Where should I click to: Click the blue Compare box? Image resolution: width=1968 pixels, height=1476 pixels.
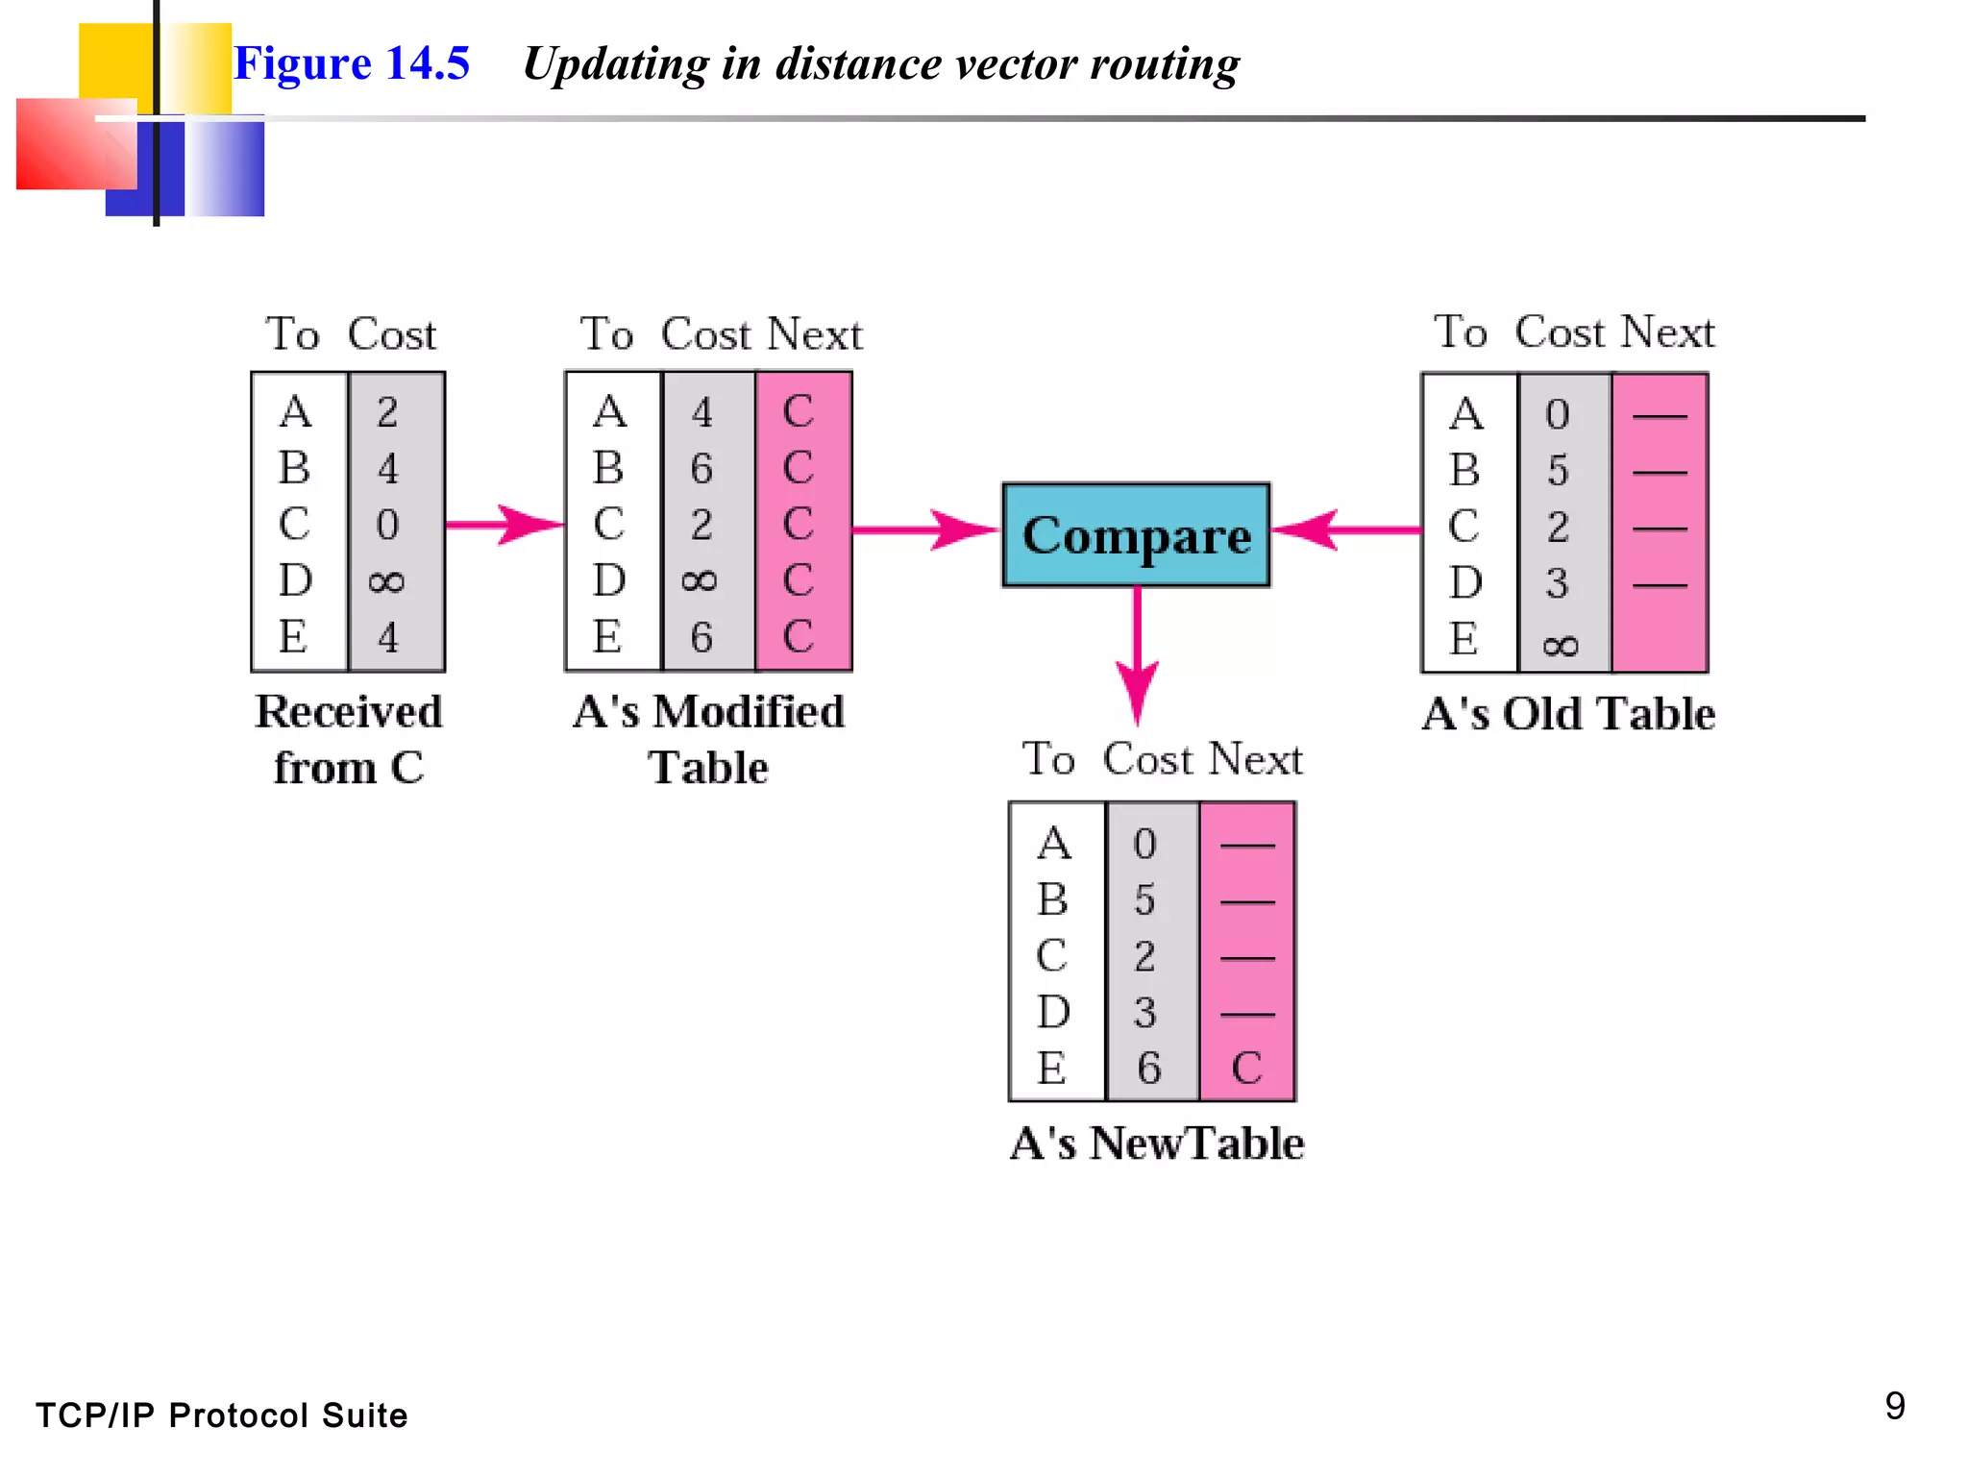click(x=1136, y=535)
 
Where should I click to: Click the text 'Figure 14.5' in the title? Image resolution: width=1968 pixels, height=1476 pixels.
click(x=352, y=63)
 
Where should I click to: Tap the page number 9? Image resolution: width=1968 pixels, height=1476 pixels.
click(x=1894, y=1406)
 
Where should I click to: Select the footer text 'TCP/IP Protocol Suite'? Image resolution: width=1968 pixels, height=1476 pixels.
click(x=222, y=1415)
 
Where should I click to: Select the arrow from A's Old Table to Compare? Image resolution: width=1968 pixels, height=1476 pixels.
click(x=1345, y=529)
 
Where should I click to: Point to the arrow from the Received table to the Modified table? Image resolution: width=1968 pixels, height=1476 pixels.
click(x=504, y=525)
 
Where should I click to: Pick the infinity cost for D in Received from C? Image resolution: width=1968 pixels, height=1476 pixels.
click(x=386, y=581)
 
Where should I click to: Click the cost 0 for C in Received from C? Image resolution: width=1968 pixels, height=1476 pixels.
click(x=387, y=525)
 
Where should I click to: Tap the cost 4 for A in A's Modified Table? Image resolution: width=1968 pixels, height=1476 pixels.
click(x=701, y=413)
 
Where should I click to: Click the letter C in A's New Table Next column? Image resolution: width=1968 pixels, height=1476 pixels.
click(x=1246, y=1068)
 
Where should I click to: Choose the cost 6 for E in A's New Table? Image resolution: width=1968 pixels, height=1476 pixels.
click(x=1148, y=1068)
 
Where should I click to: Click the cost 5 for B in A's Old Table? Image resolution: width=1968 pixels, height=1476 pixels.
click(x=1558, y=471)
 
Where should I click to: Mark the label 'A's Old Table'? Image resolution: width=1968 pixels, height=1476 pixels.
click(x=1568, y=714)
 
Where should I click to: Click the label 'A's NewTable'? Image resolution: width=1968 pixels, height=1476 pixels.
click(x=1157, y=1144)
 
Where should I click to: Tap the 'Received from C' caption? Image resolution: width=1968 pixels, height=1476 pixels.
click(x=349, y=739)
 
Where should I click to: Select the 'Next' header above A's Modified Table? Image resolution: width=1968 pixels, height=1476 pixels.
click(x=815, y=334)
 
